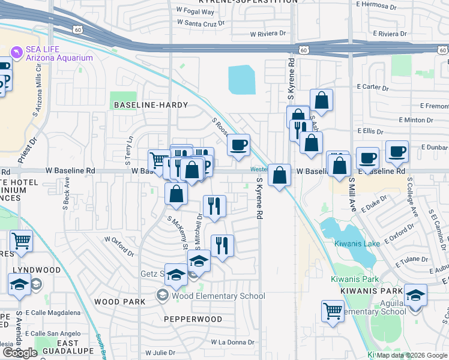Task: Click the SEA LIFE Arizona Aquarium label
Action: (59, 53)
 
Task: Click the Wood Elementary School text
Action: (218, 296)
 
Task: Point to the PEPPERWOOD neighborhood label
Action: (193, 319)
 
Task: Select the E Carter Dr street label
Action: (372, 87)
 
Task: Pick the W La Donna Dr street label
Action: (232, 342)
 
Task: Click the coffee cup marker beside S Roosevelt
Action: (239, 145)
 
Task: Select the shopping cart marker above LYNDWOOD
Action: (21, 241)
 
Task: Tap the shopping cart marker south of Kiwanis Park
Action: (333, 311)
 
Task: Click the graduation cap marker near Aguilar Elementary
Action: (415, 295)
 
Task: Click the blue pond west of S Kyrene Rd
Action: (241, 79)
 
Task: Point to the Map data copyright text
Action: (411, 355)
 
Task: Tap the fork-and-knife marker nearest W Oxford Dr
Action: (222, 245)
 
